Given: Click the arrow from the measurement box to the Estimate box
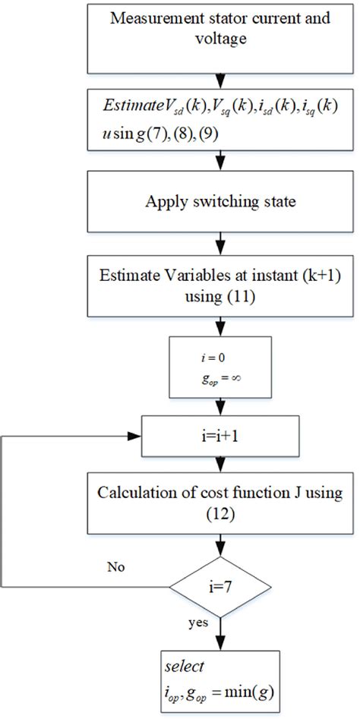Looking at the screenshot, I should [x=220, y=78].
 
